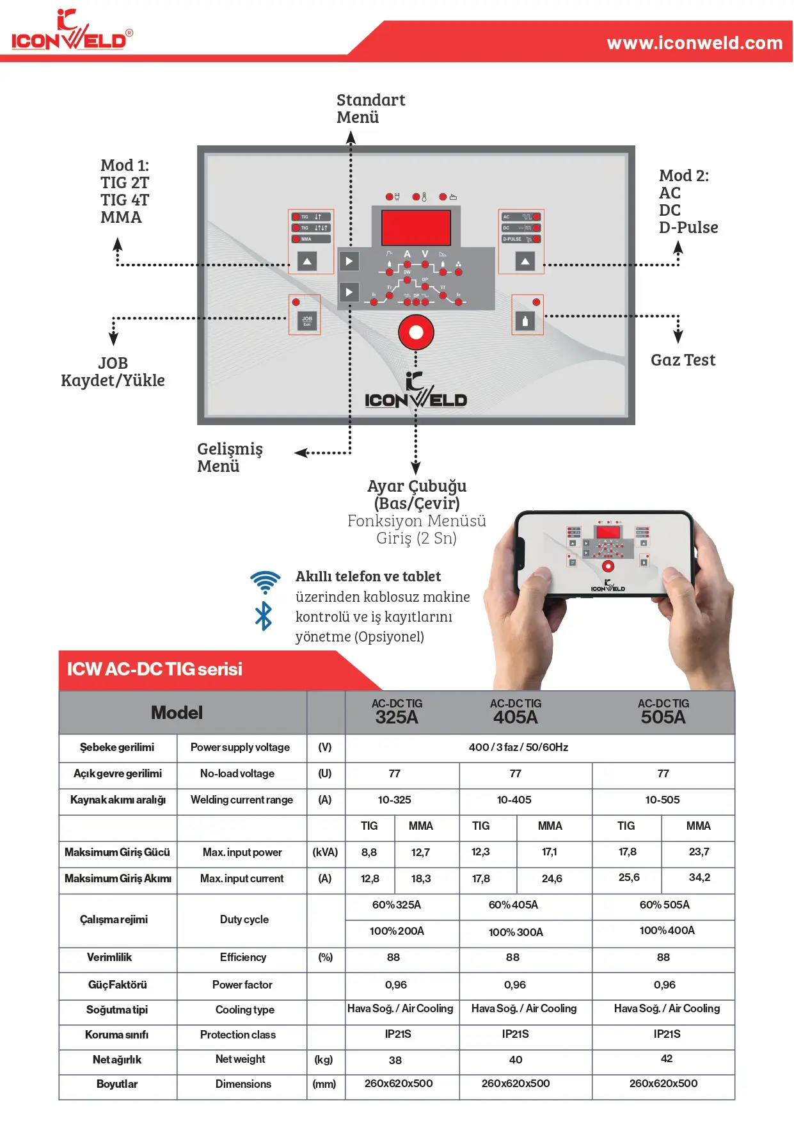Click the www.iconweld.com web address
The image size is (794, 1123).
coord(694,43)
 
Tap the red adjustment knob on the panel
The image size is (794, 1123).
coord(416,332)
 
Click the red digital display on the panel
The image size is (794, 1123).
coord(416,227)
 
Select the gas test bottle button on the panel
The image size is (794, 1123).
coord(525,321)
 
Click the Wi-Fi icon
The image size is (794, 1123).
coord(266,581)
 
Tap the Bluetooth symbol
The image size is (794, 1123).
coord(264,616)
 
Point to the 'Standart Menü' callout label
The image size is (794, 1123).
coord(370,108)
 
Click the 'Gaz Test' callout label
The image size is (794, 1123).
coord(683,360)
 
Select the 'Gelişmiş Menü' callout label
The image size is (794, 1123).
coord(230,457)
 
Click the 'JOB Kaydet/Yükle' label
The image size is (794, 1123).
coord(113,372)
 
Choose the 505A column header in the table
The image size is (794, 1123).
coord(663,712)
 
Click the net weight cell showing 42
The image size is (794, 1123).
coord(666,1058)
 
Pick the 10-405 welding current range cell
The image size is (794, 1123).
coord(514,800)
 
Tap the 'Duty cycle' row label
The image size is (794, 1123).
coord(244,919)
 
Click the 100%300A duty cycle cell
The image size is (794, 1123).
coord(516,932)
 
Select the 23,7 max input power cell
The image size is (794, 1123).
coord(699,852)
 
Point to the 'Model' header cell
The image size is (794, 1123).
coord(177,713)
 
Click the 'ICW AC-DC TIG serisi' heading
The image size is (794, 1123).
coord(155,669)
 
